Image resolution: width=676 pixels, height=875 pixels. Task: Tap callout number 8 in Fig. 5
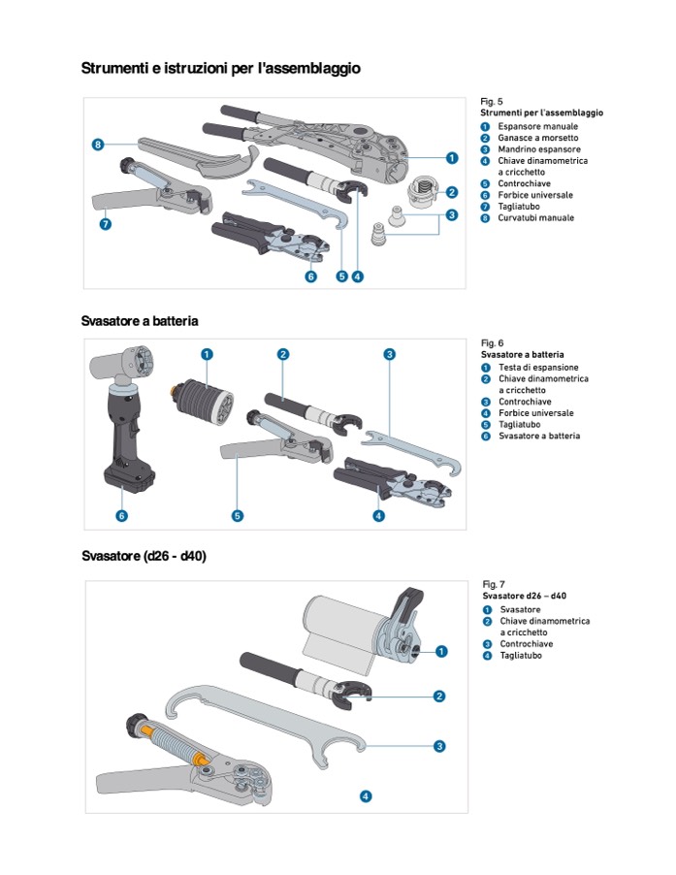98,145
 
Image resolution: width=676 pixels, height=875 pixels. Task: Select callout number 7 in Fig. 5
106,224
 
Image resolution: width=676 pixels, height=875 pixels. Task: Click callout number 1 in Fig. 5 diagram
452,157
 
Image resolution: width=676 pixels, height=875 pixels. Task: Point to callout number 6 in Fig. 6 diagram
121,515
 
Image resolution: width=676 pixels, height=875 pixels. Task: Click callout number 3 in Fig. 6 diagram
389,355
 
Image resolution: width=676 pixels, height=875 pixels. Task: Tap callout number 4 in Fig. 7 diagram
366,795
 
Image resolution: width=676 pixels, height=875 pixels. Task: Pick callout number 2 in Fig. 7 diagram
439,696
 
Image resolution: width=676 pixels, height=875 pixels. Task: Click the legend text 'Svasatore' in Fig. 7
520,609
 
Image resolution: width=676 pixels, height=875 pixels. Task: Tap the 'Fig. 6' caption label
492,343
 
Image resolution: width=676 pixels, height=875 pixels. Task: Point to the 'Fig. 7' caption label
494,585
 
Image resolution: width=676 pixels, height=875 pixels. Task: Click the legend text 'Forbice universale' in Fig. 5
535,195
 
